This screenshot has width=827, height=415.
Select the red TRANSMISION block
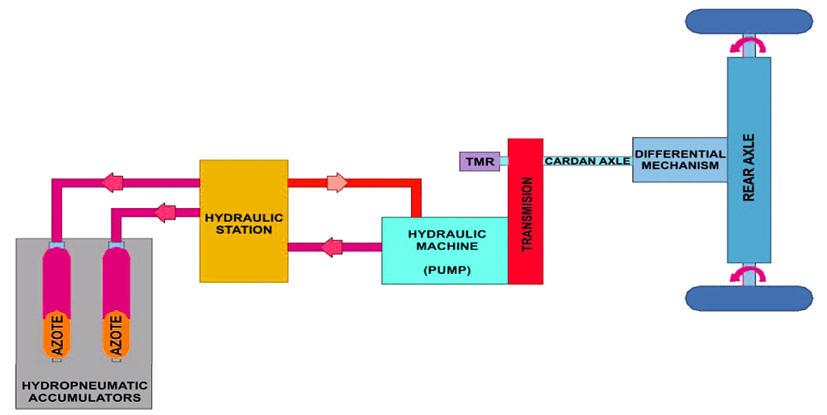pyautogui.click(x=526, y=212)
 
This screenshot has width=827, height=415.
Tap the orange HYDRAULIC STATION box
pyautogui.click(x=243, y=221)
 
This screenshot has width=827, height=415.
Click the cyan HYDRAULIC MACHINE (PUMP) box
pyautogui.click(x=444, y=250)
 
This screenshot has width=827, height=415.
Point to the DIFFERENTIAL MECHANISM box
pyautogui.click(x=679, y=160)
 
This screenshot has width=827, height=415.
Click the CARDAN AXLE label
pyautogui.click(x=587, y=161)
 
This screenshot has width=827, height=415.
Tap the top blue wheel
pyautogui.click(x=749, y=21)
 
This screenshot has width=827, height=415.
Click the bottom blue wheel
pyautogui.click(x=749, y=298)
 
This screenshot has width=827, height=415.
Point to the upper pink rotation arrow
pyautogui.click(x=749, y=44)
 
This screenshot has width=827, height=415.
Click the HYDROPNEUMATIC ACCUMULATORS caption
pyautogui.click(x=84, y=391)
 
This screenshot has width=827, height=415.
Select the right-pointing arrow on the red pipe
pyautogui.click(x=337, y=182)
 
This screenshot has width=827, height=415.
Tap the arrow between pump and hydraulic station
pyautogui.click(x=332, y=246)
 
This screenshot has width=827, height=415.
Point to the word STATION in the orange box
pyautogui.click(x=244, y=230)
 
